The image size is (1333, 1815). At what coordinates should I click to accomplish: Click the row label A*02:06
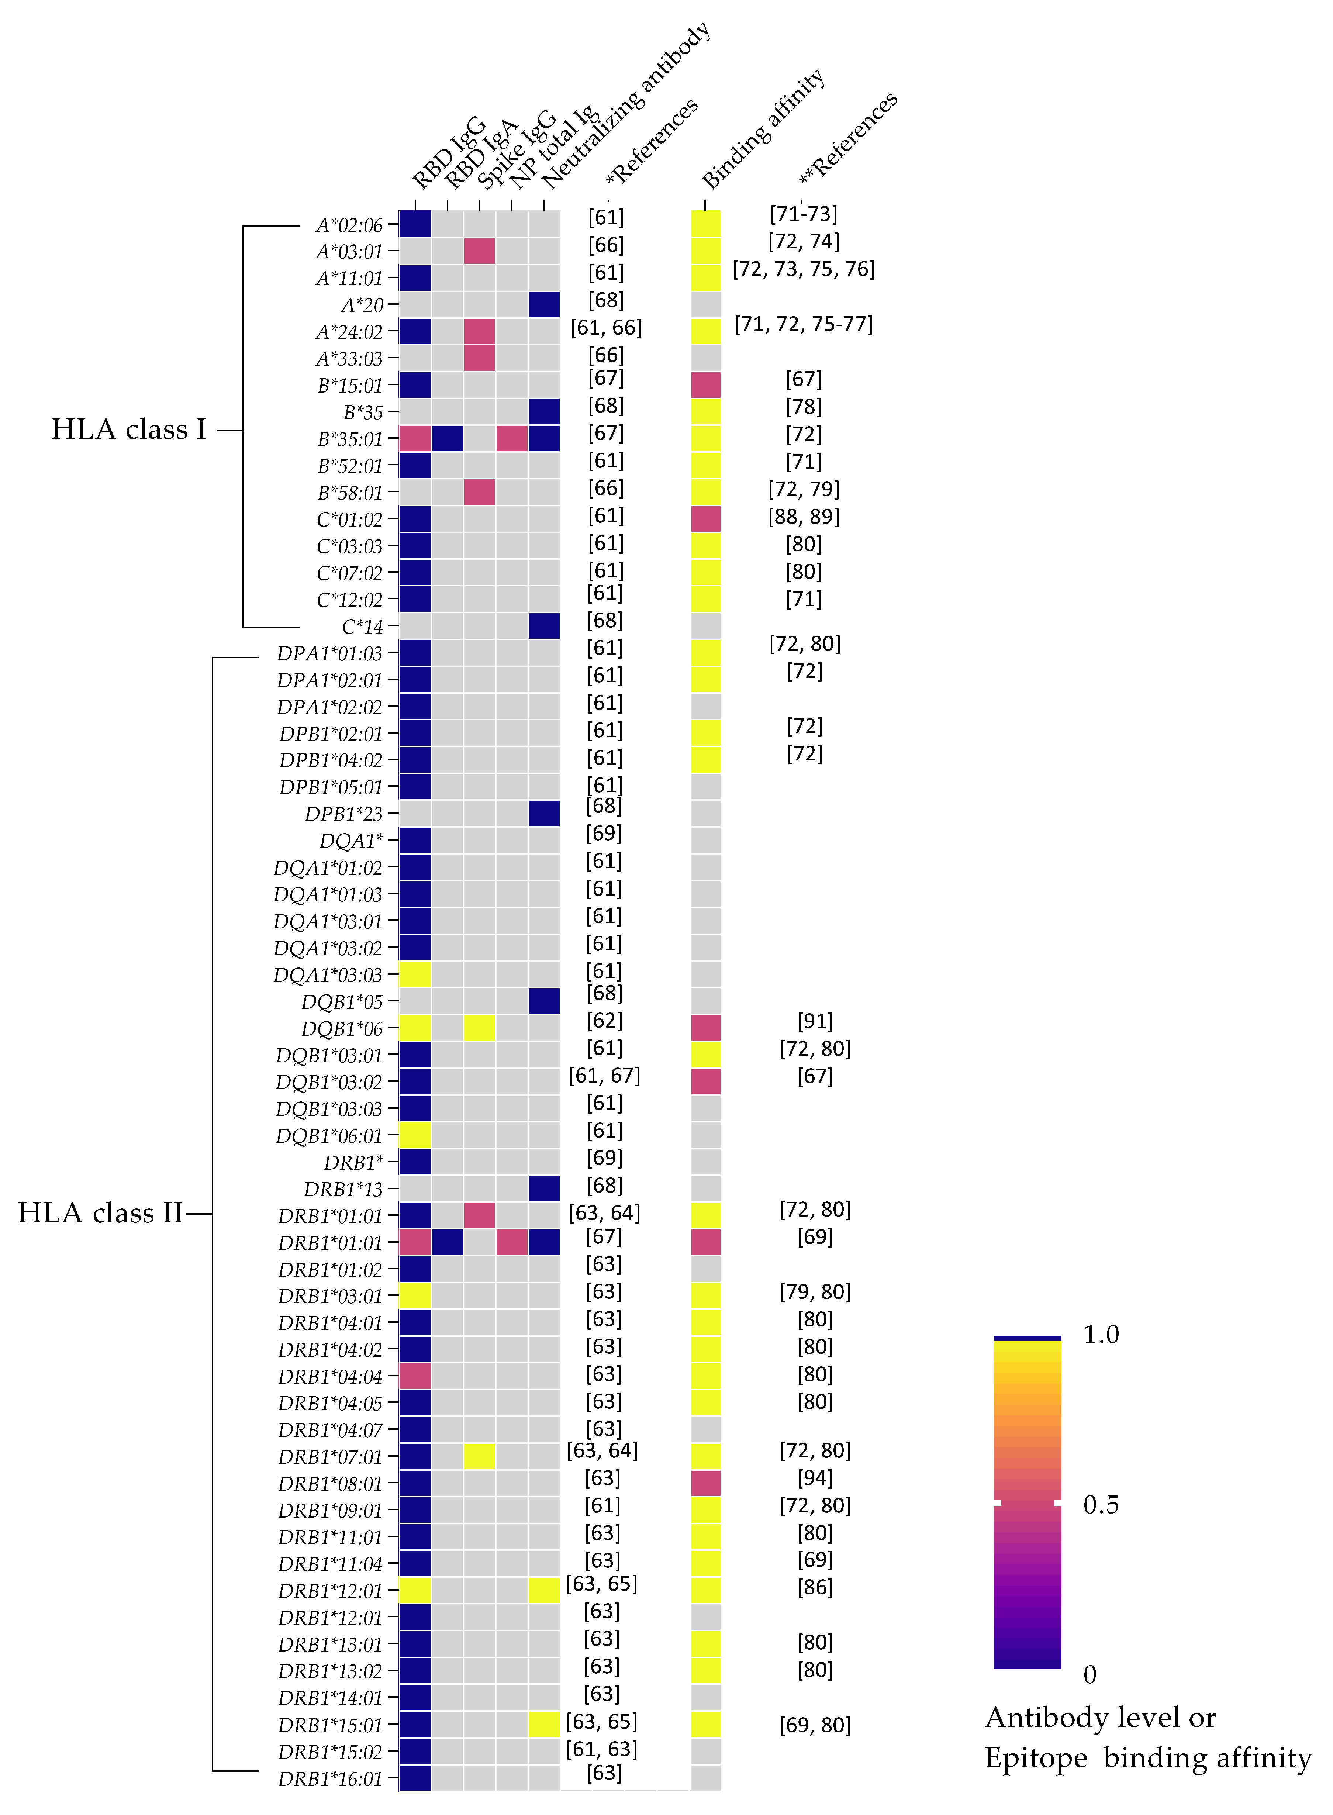click(x=349, y=225)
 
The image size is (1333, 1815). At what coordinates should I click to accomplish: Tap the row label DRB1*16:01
click(x=330, y=1779)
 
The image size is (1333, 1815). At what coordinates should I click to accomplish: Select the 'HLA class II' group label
click(x=100, y=1213)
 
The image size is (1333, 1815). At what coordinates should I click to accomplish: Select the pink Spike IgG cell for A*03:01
click(x=479, y=251)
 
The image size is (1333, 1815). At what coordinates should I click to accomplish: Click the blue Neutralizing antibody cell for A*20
click(x=544, y=304)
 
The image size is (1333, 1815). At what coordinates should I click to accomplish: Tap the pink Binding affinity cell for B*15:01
click(x=706, y=385)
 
